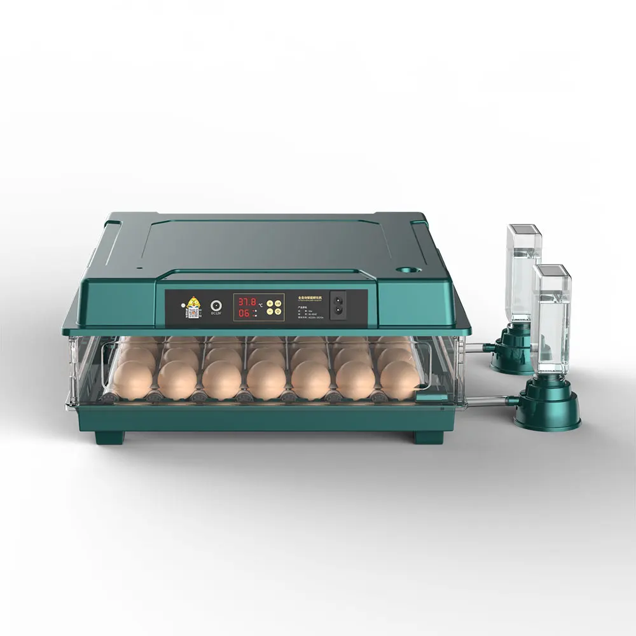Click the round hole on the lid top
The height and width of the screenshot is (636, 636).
tap(404, 270)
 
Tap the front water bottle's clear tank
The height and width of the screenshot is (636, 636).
tap(551, 321)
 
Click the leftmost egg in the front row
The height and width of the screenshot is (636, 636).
tap(134, 380)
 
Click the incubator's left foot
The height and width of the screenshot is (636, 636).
tap(109, 438)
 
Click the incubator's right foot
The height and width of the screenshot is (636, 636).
tap(429, 438)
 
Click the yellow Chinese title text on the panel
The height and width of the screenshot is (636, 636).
tap(312, 298)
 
